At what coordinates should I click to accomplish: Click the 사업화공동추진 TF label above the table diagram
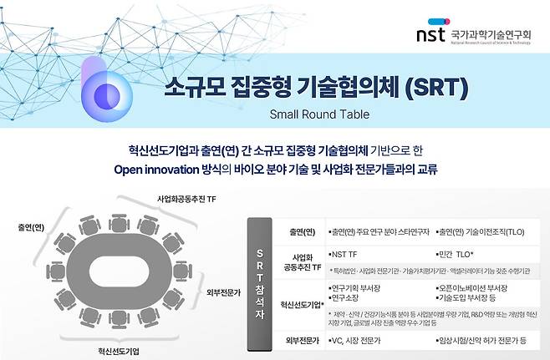[x=188, y=200]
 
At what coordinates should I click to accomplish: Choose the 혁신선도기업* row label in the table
[x=301, y=306]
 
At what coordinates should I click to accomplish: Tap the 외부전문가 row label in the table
[x=301, y=341]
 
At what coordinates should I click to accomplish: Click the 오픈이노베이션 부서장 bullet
[x=476, y=287]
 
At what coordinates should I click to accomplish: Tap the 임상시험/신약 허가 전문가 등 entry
[x=485, y=341]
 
